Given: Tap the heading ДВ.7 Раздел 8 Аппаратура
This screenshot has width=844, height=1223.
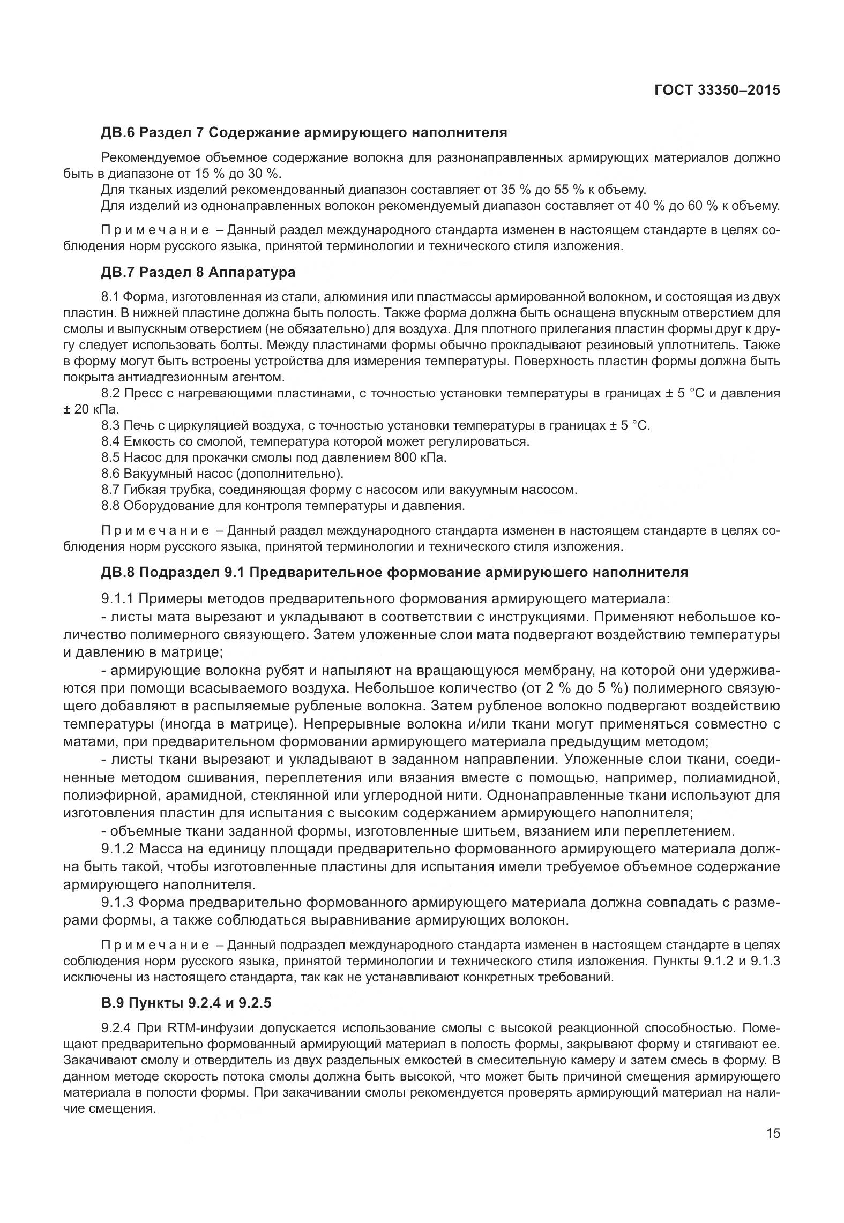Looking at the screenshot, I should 198,272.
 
